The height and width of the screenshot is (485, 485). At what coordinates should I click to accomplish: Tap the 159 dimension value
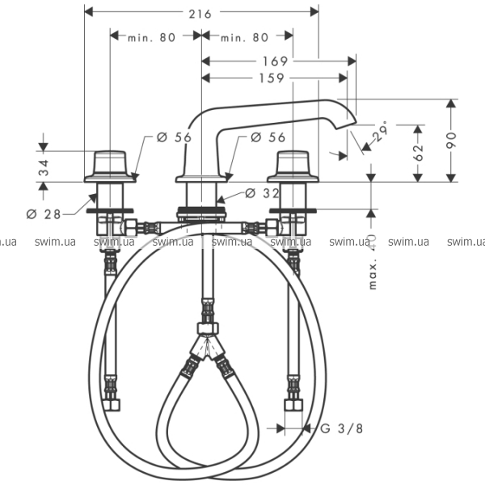(x=272, y=78)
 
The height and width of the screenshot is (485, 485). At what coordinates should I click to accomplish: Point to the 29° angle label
(x=380, y=129)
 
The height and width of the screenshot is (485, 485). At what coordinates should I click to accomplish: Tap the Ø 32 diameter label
(x=261, y=192)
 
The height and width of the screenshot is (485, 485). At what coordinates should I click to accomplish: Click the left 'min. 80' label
(x=153, y=37)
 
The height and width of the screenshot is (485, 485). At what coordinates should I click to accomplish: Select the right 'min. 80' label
(x=244, y=37)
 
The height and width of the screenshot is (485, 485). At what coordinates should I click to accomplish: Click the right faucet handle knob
(x=293, y=165)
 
